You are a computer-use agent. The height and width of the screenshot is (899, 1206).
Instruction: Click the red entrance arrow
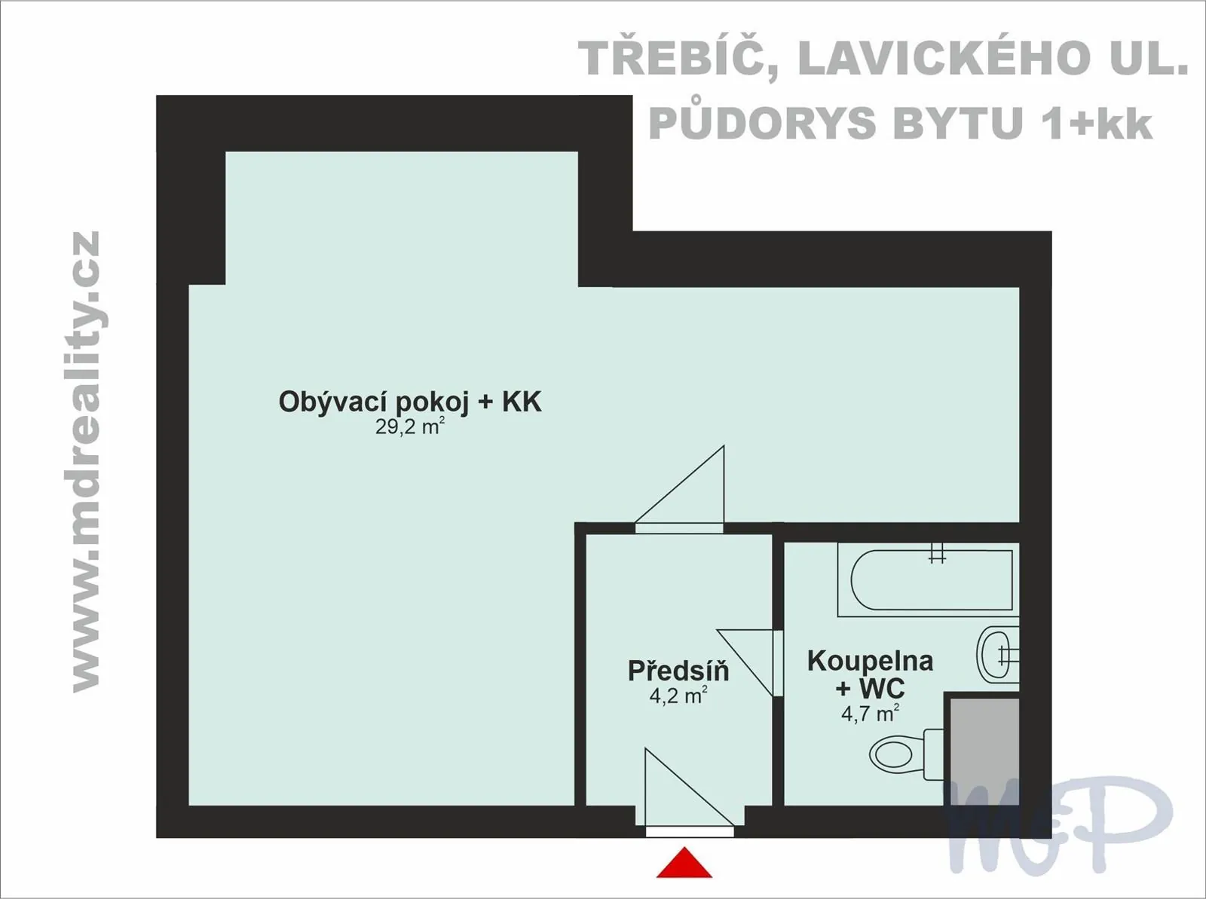[684, 863]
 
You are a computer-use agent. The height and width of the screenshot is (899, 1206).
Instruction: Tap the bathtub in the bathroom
[928, 579]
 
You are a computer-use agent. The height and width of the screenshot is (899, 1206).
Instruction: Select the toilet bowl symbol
[907, 754]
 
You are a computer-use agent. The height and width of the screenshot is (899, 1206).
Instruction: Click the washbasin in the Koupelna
[998, 655]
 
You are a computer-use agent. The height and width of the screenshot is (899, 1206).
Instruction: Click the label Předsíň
[678, 671]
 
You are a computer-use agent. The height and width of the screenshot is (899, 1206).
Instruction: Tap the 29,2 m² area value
[410, 427]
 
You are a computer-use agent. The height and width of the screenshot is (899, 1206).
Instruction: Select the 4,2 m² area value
[678, 696]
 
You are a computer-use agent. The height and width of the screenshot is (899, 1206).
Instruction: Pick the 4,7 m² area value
[871, 714]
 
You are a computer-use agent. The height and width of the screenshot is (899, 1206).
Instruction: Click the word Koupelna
[871, 661]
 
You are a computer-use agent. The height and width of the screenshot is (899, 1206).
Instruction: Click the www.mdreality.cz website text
[86, 462]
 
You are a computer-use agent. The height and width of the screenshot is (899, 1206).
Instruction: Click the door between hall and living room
[680, 527]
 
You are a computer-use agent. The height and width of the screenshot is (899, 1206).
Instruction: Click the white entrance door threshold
[690, 832]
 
